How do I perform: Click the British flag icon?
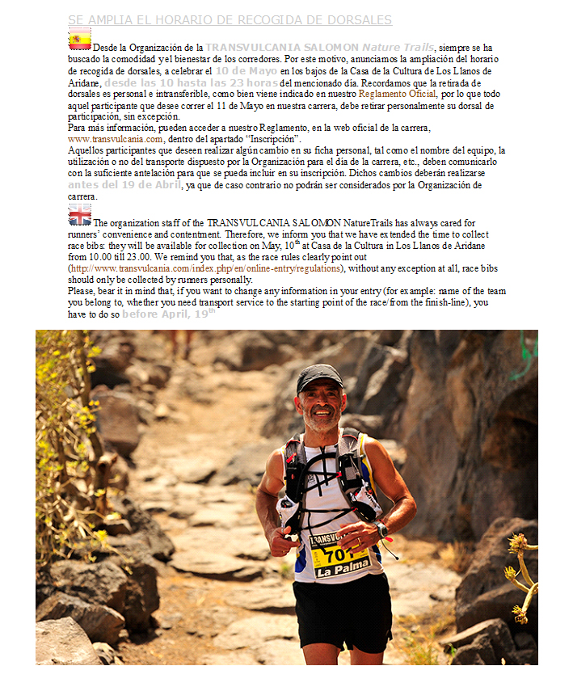[x=79, y=214]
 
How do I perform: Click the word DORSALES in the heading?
[x=357, y=19]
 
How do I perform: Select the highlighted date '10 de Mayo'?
[x=246, y=71]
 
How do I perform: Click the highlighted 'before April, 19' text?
[x=168, y=314]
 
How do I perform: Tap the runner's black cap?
[x=319, y=375]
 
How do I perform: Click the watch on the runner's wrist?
[x=381, y=531]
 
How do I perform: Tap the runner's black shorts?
[x=341, y=611]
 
